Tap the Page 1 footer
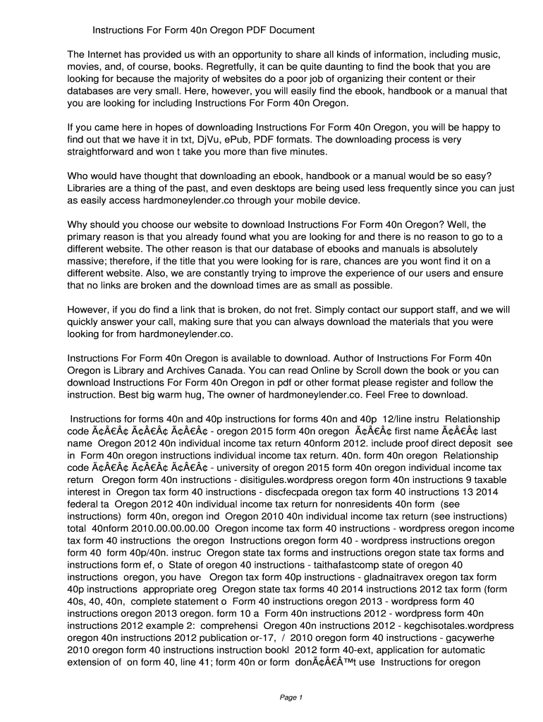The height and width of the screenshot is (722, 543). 291,697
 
